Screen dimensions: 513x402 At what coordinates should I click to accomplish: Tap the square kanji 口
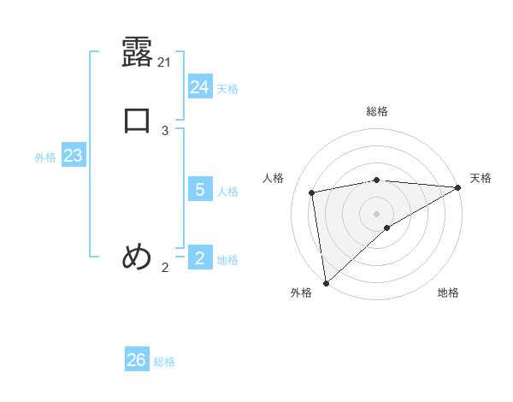[137, 121]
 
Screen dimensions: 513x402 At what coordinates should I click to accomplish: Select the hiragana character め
[137, 257]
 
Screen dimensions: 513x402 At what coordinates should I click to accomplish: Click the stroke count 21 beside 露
[165, 62]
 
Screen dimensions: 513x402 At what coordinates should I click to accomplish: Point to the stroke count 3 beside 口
[165, 131]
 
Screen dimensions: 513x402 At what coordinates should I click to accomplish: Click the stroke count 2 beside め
[165, 268]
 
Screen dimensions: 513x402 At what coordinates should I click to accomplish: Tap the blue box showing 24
[200, 87]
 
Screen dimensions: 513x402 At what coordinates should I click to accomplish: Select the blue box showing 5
[200, 189]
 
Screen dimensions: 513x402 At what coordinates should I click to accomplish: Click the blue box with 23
[73, 156]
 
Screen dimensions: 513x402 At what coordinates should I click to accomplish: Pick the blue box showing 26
[137, 360]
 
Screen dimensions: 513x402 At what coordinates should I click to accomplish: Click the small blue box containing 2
[200, 257]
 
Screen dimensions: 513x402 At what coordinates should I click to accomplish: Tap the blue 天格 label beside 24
[227, 89]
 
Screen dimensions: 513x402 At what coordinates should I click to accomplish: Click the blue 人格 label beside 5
[227, 192]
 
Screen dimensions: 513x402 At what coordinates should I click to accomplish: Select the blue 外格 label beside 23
[45, 157]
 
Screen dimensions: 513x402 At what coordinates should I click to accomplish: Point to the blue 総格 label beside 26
[164, 362]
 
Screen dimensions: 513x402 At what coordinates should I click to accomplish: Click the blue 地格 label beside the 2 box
[227, 260]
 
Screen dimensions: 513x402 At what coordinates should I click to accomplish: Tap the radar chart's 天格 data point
[457, 188]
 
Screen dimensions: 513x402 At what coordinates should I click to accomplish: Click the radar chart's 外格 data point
[326, 282]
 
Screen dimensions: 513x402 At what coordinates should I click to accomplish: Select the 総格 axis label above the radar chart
[377, 111]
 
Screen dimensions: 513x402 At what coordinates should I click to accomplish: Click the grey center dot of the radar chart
[377, 213]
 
